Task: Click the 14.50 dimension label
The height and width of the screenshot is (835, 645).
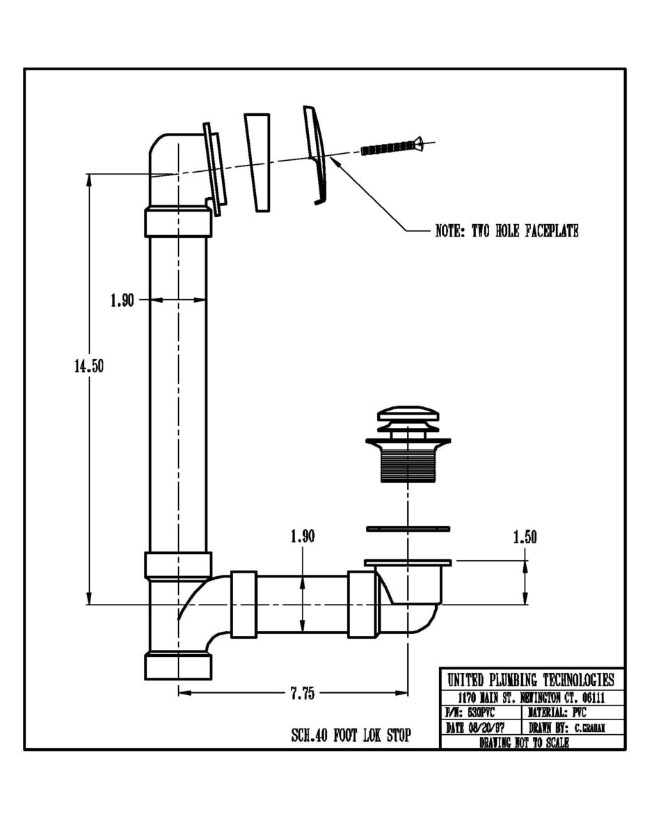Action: tap(89, 367)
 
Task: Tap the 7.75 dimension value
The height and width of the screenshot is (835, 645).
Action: tap(303, 693)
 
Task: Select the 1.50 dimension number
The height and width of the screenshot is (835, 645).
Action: tap(525, 537)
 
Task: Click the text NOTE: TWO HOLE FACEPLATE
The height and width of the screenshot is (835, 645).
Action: tap(507, 231)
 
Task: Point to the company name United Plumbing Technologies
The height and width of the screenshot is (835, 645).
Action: tap(531, 680)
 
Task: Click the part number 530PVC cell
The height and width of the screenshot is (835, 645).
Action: tap(480, 713)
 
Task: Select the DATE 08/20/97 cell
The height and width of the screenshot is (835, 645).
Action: tap(480, 728)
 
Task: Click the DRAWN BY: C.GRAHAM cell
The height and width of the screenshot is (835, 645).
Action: tap(571, 728)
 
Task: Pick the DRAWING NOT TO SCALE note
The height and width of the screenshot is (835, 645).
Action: tap(524, 742)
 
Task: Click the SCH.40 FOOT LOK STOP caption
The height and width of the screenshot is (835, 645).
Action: tap(351, 735)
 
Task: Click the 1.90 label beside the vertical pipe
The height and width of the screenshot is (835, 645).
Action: tap(122, 301)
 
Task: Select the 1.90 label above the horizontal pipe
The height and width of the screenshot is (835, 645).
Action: tap(302, 536)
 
